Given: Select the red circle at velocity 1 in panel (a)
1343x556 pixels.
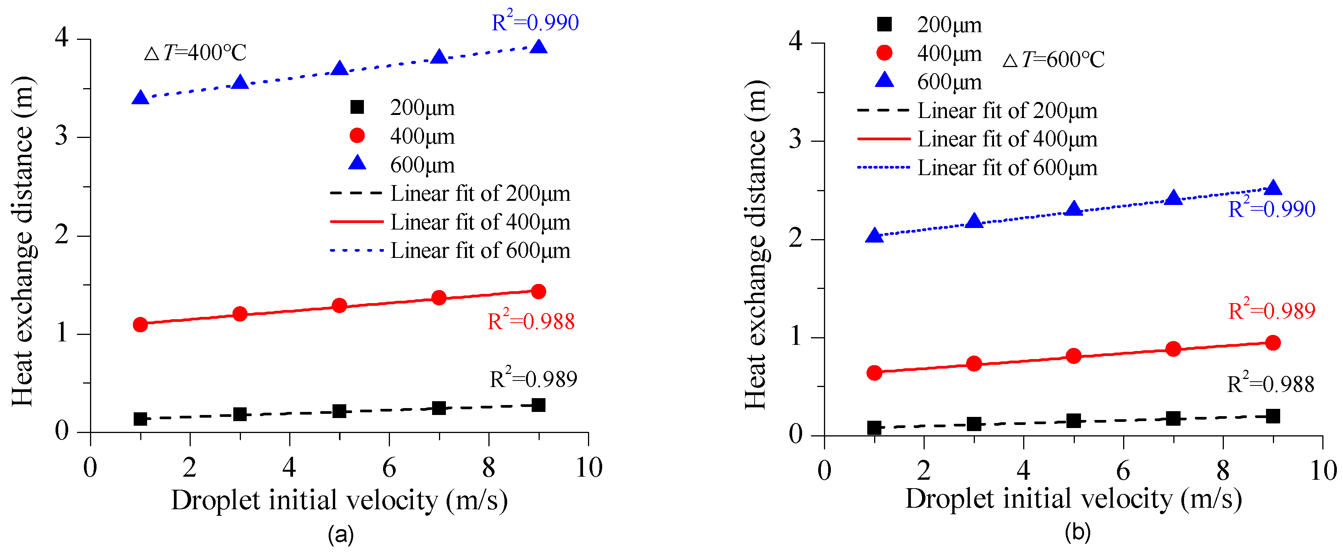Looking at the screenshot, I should click(x=140, y=325).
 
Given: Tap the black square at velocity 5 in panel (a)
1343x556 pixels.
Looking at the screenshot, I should click(x=339, y=411).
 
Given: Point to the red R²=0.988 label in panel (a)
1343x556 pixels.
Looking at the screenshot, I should click(x=531, y=321).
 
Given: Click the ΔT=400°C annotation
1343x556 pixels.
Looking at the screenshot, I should click(x=195, y=52).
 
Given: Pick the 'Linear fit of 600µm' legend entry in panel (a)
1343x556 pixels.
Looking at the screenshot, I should click(x=480, y=251).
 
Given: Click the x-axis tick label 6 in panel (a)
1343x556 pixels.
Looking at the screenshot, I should click(x=389, y=468).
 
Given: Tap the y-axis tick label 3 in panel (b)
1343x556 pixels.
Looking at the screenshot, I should click(x=795, y=140).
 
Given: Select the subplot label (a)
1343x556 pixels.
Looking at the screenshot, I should click(x=341, y=535).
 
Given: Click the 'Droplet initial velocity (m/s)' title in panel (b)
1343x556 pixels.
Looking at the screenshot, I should click(x=1073, y=499).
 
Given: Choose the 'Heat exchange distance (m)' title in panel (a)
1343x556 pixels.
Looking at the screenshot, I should click(x=23, y=241).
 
